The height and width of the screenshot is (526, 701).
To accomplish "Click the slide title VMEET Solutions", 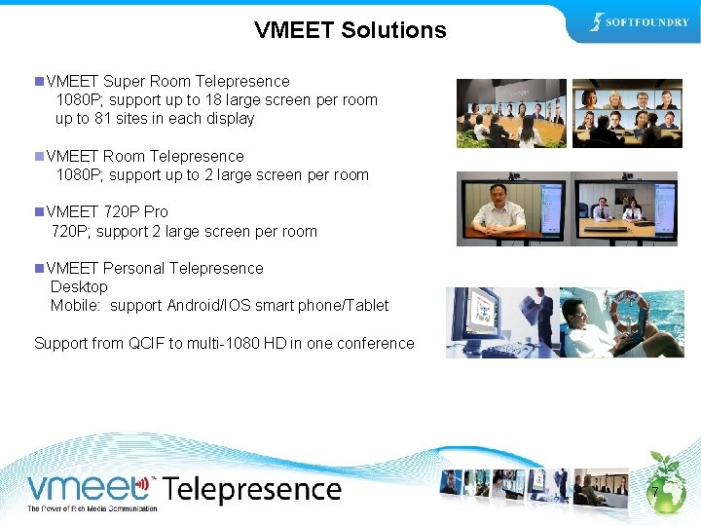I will (350, 30).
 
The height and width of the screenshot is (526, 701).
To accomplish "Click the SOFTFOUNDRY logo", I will (640, 22).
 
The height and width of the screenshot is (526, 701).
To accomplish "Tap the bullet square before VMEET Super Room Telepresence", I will (38, 81).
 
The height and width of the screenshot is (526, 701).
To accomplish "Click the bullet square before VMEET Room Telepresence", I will (38, 156).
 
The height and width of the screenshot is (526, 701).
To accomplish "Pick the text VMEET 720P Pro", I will (107, 211).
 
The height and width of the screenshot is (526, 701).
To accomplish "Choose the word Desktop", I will (79, 286).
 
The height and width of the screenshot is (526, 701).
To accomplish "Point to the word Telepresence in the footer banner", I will (251, 489).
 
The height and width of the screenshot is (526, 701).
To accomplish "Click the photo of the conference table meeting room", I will (511, 113).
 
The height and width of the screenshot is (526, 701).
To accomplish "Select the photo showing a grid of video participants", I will (627, 113).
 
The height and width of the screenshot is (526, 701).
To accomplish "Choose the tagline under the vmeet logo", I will (92, 508).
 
